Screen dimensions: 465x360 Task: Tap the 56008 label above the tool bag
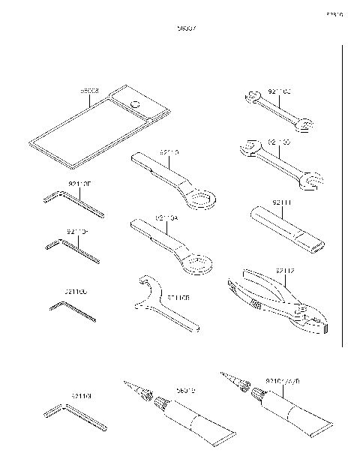click(90, 92)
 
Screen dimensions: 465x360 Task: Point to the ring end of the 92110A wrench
click(196, 264)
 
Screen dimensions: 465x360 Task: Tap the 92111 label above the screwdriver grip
click(282, 203)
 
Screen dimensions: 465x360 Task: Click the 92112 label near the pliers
click(284, 270)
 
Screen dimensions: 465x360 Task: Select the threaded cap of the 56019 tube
click(160, 406)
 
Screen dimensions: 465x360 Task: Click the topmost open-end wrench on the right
click(277, 109)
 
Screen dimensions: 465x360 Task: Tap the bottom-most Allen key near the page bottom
click(74, 417)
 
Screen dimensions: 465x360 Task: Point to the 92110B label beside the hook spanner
click(178, 297)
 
